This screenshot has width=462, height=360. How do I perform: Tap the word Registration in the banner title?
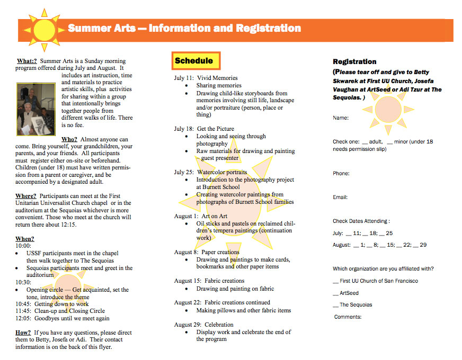coord(268,28)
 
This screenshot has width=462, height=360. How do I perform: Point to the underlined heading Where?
coord(25,196)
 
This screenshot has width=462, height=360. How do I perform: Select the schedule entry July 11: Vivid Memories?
coord(206,78)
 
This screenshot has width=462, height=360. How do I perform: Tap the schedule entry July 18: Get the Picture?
coord(204,129)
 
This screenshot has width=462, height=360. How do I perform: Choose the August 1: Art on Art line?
coord(202,216)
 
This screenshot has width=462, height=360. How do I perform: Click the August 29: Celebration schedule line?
coord(203,325)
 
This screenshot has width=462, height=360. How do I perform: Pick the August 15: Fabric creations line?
coord(209,281)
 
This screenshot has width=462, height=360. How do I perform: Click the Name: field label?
coord(341,118)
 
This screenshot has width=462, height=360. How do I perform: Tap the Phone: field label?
coord(341,174)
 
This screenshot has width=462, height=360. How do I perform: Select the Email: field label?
coord(340,197)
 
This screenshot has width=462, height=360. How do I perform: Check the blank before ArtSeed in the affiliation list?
coord(335,293)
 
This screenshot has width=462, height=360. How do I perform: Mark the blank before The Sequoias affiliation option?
coord(335,305)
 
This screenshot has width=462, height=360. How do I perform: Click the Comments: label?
coord(348,317)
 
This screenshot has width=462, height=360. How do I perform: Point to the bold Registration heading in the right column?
coord(354,62)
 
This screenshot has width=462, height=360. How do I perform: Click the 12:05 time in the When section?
coord(23,318)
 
